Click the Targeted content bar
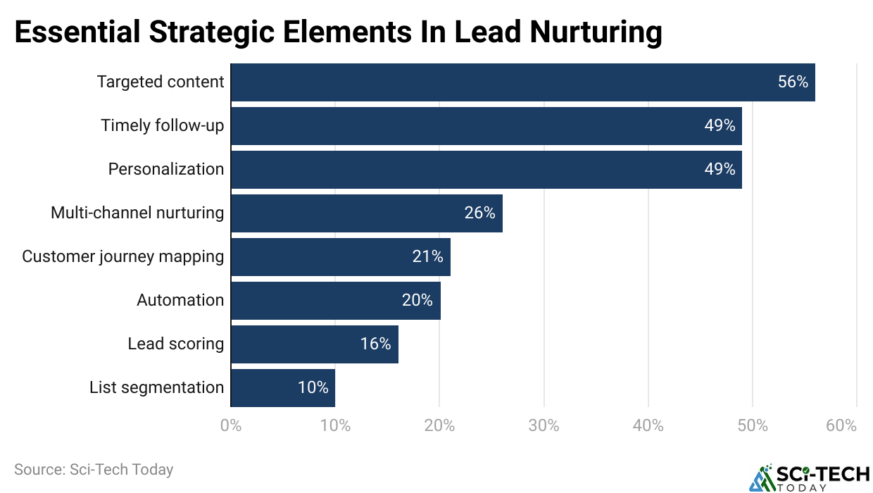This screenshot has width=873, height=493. coord(522,82)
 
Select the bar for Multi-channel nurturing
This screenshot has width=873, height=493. coord(366,213)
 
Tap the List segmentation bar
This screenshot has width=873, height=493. coord(282,388)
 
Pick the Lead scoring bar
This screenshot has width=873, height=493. coord(314,344)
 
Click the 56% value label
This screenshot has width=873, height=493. coord(793,82)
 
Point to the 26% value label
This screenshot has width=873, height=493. coord(479,213)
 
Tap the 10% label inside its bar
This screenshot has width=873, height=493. coord(313,388)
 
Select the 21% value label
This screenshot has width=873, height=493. coord(427,257)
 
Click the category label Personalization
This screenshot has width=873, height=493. coord(166,170)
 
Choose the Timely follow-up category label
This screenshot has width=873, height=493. coord(163,126)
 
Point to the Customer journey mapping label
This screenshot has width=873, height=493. coord(123,257)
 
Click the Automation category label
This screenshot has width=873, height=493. coord(180,301)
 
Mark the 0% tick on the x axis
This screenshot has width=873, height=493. coord(231,426)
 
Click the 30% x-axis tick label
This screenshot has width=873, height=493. coord(544,426)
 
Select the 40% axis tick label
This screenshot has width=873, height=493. coord(648,426)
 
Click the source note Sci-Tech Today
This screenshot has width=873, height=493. coord(94,469)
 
